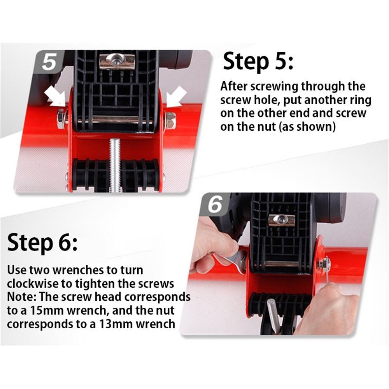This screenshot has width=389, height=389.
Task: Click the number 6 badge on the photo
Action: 215,205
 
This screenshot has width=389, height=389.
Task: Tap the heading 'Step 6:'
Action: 42,242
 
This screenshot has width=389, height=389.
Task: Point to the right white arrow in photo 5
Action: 176,97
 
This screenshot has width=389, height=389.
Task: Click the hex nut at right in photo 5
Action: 170,121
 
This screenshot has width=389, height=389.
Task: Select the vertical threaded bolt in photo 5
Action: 115,165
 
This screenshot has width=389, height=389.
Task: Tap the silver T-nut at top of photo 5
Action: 117,61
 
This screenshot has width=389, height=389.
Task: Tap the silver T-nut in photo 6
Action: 282,220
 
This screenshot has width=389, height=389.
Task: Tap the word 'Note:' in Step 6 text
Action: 21,297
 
